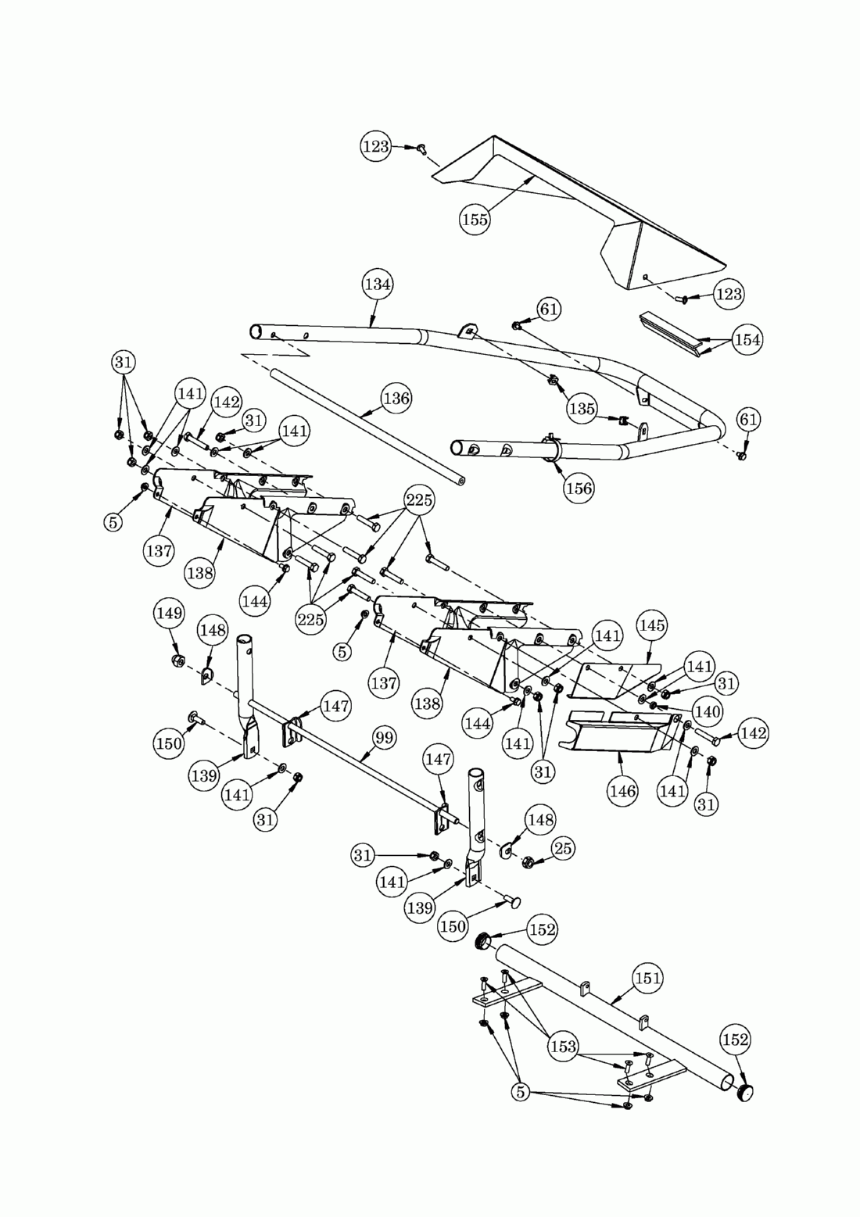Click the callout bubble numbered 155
pos(475,220)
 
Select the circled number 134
pos(377,285)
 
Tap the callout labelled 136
pos(396,399)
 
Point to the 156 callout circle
pos(579,488)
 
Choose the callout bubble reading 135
pos(582,408)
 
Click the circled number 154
pos(747,339)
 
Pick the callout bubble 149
pos(168,613)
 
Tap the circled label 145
pos(651,625)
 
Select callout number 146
pos(622,791)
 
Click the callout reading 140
pos(708,711)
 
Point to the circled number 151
pos(648,978)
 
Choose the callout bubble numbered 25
pos(562,848)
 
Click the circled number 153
pos(563,1046)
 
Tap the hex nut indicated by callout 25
pos(526,861)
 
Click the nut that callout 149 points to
pos(177,660)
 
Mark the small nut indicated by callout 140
pos(653,706)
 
